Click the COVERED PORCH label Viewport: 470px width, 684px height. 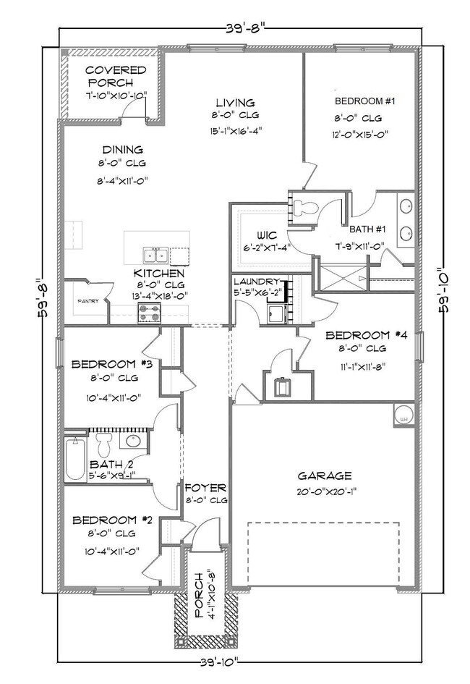click(x=116, y=77)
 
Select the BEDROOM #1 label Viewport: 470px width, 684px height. click(x=364, y=101)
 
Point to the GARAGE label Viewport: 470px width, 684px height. click(x=325, y=476)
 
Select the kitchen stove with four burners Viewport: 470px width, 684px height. click(x=150, y=313)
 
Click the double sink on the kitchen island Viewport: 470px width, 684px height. click(x=155, y=255)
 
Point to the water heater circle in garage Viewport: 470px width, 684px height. click(x=403, y=415)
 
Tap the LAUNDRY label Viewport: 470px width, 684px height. click(x=256, y=281)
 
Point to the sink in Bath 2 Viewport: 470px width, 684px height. click(x=133, y=441)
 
